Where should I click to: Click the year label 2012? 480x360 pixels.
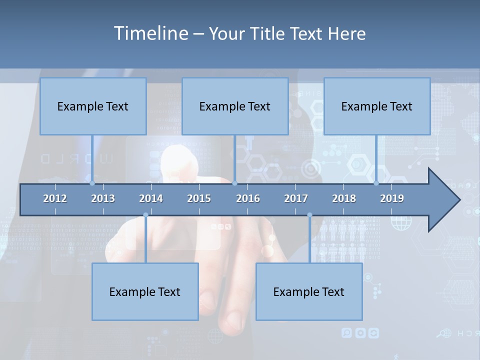55,198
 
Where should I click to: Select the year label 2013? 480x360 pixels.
103,198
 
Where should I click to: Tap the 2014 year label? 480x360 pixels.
151,198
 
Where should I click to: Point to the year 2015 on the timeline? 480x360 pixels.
199,198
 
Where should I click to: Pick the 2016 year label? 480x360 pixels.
248,198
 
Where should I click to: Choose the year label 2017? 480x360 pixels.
296,198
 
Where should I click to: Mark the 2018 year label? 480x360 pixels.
344,198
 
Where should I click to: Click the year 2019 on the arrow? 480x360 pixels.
392,198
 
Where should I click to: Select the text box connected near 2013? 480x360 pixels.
93,106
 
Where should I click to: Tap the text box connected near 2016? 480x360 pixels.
235,106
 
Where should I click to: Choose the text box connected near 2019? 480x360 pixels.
377,106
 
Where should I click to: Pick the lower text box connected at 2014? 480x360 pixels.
145,291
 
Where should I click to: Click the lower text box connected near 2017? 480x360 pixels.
309,291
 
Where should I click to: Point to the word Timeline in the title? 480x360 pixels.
149,33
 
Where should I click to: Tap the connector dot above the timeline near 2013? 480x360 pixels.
92,183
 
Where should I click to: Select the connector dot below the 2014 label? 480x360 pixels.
145,215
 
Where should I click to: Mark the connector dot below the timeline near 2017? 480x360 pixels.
309,215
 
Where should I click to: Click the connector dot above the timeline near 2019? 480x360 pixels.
376,183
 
